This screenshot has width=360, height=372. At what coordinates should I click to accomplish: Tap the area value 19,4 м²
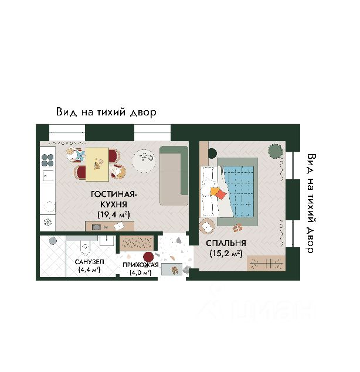[113, 214]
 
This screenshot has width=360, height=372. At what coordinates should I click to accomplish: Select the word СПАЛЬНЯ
[226, 243]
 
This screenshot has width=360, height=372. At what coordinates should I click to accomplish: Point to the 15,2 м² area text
[226, 254]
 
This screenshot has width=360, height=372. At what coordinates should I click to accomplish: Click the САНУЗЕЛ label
[89, 261]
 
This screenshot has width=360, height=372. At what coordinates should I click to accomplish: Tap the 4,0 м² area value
[140, 272]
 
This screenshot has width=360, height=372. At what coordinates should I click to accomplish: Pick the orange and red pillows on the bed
[218, 193]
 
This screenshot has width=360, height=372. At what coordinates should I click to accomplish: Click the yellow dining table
[98, 164]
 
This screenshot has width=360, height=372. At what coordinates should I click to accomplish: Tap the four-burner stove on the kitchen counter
[47, 160]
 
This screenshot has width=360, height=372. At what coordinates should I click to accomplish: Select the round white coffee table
[144, 159]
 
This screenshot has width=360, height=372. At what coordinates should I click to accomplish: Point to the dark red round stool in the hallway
[148, 257]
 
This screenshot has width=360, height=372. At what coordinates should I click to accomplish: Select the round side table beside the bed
[207, 226]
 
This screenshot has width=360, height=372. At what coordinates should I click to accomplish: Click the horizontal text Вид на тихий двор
[106, 112]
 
